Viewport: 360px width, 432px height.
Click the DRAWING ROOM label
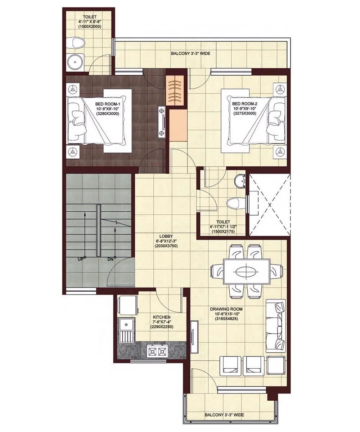pyautogui.click(x=229, y=309)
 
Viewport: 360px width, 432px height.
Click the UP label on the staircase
pyautogui.click(x=81, y=258)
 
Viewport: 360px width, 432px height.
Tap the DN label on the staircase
pyautogui.click(x=110, y=258)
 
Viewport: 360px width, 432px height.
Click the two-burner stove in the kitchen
pyautogui.click(x=158, y=351)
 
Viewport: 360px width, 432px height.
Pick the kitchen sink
pyautogui.click(x=126, y=330)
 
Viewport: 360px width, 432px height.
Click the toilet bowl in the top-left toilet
pyautogui.click(x=77, y=44)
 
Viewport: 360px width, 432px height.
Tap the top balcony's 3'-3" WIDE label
pyautogui.click(x=190, y=54)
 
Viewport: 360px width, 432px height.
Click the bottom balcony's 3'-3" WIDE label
pyautogui.click(x=224, y=415)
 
